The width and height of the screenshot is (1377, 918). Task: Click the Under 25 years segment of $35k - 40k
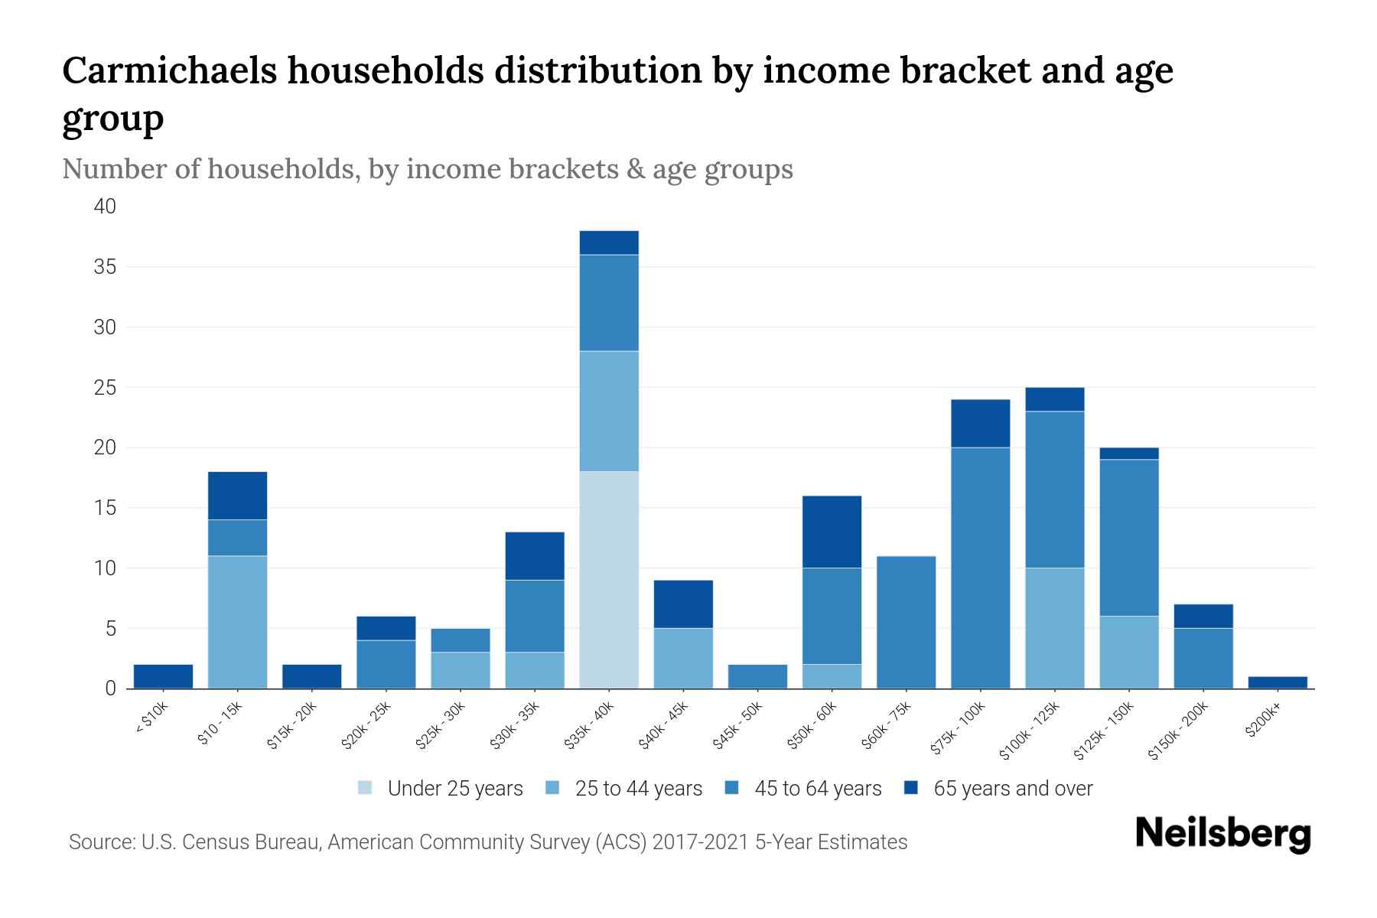(x=609, y=580)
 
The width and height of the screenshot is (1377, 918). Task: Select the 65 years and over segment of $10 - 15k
(x=237, y=496)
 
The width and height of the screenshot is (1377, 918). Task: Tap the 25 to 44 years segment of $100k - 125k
(x=1054, y=628)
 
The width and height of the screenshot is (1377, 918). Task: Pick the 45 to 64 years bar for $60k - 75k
(x=906, y=622)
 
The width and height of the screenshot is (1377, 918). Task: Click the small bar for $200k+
(x=1277, y=682)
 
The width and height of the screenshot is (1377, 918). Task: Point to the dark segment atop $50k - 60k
(x=832, y=532)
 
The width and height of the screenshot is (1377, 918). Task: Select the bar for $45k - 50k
(x=757, y=676)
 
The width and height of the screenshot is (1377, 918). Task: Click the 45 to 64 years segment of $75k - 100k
(x=980, y=568)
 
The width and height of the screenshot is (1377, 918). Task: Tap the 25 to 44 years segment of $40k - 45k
(x=683, y=658)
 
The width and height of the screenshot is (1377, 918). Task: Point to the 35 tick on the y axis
(x=106, y=267)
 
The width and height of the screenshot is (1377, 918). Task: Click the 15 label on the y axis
(x=106, y=508)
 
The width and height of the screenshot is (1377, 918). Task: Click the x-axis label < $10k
(x=152, y=718)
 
